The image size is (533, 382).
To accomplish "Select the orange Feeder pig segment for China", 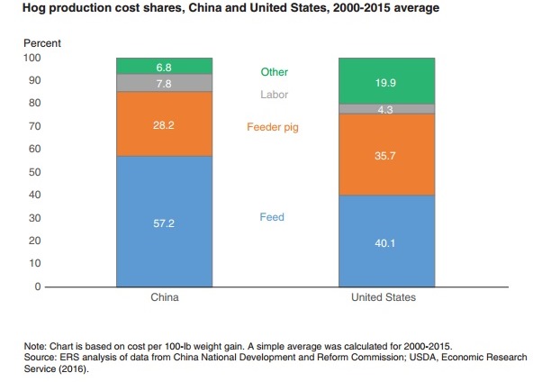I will click(x=164, y=123).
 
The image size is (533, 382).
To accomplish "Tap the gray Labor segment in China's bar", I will click(x=164, y=83).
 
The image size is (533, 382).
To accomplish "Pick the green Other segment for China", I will click(x=164, y=66).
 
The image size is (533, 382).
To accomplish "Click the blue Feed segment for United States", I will click(x=386, y=241).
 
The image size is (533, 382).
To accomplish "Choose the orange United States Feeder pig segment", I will click(x=386, y=154).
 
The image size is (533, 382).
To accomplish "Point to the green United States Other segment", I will click(x=386, y=81).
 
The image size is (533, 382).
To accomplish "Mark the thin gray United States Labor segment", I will click(x=386, y=109).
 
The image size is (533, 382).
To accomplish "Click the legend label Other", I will click(x=274, y=72).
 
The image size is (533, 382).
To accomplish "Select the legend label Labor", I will click(x=274, y=95).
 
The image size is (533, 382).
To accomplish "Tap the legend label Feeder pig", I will click(x=272, y=128).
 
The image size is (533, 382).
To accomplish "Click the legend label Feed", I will click(x=272, y=217).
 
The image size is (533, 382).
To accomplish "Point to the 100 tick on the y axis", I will click(x=32, y=58).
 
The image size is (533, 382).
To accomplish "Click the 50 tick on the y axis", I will click(x=35, y=172).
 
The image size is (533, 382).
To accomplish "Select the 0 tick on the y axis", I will click(x=37, y=286).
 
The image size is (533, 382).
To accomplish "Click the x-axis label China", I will click(x=164, y=298).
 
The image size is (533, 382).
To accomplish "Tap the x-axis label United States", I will click(x=386, y=298).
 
